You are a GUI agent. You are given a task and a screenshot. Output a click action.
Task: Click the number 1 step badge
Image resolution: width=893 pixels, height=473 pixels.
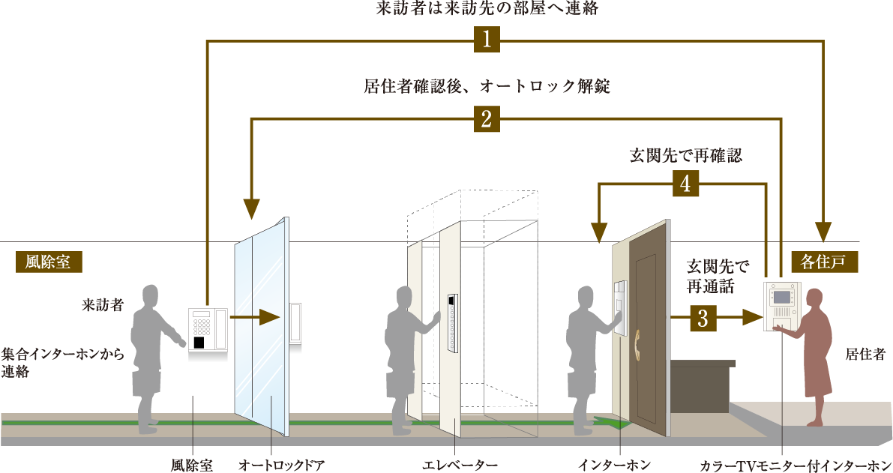pos(487,39)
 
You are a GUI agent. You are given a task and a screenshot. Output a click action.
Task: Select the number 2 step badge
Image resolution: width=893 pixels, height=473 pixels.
pos(487,119)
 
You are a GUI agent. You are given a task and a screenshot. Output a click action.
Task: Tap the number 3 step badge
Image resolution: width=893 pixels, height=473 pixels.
pos(703,318)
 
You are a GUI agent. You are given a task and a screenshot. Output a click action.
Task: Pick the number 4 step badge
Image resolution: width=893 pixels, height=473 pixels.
pos(685,184)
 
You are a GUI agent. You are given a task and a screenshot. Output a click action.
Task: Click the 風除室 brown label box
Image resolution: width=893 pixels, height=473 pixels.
pos(49,262)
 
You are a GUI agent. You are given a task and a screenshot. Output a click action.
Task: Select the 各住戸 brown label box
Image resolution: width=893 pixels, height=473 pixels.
pos(823,262)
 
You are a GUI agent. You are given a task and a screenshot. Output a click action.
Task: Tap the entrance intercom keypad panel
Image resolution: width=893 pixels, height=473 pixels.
pos(208,330)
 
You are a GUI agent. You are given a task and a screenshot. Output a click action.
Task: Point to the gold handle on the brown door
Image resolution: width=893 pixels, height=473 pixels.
pos(637,343)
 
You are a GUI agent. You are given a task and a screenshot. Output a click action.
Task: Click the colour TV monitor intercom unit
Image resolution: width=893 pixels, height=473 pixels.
pos(782,307)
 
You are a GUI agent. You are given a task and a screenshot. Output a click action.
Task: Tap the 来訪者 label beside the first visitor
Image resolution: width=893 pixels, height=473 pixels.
pos(103,305)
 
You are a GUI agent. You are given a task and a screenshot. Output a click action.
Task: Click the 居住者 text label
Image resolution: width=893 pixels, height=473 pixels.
pos(865,354)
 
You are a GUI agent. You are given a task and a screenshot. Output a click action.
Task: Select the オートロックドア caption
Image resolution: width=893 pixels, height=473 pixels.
pos(281,465)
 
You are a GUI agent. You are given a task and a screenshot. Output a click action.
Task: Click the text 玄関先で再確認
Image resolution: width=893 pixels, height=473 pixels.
pos(686,155)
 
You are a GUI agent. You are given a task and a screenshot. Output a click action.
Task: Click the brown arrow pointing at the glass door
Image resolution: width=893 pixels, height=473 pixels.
pos(256,318)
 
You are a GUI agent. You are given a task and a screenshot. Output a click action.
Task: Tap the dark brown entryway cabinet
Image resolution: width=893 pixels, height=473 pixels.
pos(701,385)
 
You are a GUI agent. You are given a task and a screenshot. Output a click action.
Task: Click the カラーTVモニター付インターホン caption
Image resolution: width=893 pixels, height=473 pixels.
pos(796,465)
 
